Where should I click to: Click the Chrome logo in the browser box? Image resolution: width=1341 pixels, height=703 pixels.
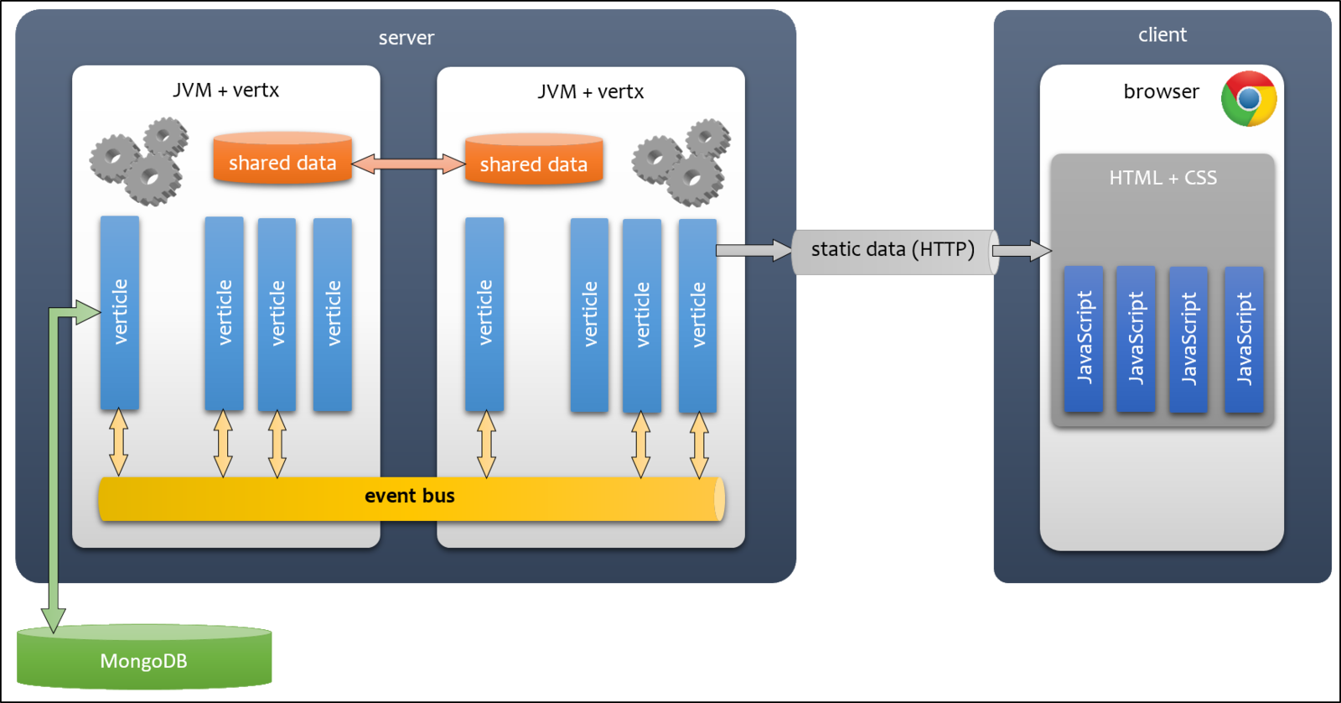1249,98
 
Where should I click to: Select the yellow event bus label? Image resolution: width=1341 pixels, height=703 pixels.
410,496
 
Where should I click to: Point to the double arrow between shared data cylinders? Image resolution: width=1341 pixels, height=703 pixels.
408,163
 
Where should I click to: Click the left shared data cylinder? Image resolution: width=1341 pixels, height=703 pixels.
282,159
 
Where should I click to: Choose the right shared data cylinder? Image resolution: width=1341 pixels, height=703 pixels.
534,159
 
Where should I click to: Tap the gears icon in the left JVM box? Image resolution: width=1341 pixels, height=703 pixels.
139,161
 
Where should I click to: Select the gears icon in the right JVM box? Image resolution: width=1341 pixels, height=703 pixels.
681,163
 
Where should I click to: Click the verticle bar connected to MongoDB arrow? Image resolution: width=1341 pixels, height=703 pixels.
120,313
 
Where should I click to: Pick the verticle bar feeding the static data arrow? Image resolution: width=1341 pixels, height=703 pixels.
697,315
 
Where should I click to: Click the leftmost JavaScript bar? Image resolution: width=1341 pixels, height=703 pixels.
1084,339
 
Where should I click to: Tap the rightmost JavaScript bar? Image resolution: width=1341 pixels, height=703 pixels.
1244,340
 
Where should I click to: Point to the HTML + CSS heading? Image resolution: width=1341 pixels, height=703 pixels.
1162,177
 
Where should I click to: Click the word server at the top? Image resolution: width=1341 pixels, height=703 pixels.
406,38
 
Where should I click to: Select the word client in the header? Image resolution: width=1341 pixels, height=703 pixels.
1162,34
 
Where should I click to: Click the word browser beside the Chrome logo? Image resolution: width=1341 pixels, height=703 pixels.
1162,91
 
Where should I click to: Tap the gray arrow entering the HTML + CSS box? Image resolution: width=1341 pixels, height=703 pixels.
1022,251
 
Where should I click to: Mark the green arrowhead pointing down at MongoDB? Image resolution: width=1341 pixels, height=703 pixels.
54,620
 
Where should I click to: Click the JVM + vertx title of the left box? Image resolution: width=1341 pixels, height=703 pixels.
225,90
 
